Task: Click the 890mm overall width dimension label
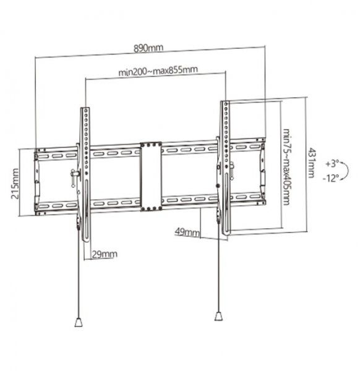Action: pyautogui.click(x=150, y=48)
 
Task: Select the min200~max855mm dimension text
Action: pyautogui.click(x=158, y=71)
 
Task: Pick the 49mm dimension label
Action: pyautogui.click(x=187, y=233)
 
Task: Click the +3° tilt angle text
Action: pyautogui.click(x=330, y=164)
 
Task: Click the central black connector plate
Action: pyautogui.click(x=152, y=176)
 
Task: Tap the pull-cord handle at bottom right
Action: pyautogui.click(x=218, y=315)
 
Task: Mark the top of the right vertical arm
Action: pyautogui.click(x=226, y=101)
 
